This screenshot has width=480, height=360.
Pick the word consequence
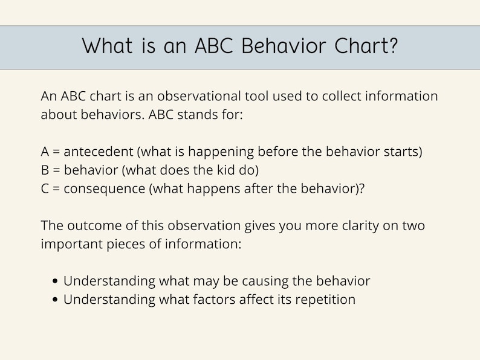pyautogui.click(x=103, y=188)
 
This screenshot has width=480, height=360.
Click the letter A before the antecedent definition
pyautogui.click(x=45, y=151)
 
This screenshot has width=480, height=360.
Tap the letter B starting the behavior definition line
pyautogui.click(x=45, y=170)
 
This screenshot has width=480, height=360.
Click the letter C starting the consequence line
pyautogui.click(x=45, y=188)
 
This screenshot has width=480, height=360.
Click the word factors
pyautogui.click(x=219, y=299)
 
